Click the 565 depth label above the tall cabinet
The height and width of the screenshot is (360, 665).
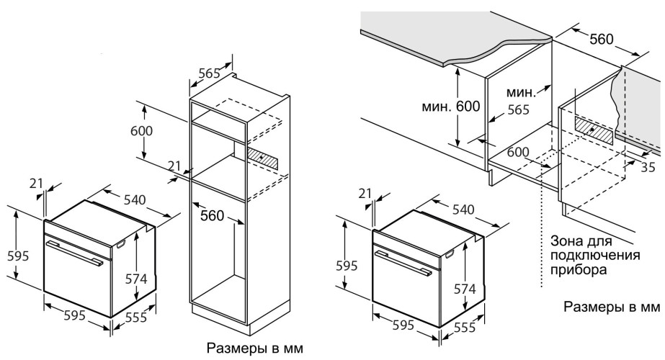210,73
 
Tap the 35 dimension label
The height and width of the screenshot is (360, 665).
648,167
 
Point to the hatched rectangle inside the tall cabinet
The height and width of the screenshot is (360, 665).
263,158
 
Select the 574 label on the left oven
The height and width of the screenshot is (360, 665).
136,279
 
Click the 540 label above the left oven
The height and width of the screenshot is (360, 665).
135,199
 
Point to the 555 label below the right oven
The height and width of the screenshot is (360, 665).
464,327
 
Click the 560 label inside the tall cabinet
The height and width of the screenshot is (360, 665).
212,216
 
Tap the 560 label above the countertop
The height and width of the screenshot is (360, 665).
602,39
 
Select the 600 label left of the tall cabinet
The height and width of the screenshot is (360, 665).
141,130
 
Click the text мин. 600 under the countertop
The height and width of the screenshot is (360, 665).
450,106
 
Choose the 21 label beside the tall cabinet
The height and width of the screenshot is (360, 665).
174,166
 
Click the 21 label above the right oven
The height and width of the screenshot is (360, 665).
365,193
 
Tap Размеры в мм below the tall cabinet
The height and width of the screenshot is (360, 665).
255,348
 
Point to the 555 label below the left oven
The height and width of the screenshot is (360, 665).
136,317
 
